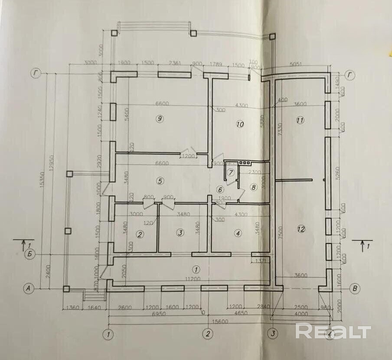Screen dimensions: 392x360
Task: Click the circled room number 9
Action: click(x=160, y=119)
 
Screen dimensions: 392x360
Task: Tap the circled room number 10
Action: click(x=240, y=124)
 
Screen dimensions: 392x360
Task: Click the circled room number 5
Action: click(x=160, y=181)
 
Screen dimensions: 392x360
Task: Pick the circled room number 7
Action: click(x=231, y=172)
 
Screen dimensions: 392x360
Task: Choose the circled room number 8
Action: click(x=254, y=187)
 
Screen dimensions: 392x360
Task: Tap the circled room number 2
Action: click(x=140, y=234)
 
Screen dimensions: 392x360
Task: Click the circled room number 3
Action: click(x=180, y=233)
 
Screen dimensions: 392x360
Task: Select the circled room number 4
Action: click(x=237, y=233)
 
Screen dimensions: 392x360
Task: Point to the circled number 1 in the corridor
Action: click(x=196, y=268)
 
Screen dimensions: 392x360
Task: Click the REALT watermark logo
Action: click(x=333, y=331)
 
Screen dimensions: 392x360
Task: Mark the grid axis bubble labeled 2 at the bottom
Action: click(x=208, y=334)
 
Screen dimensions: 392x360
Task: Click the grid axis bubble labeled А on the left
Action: click(x=29, y=288)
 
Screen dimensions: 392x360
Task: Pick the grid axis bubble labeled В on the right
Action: click(x=356, y=288)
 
